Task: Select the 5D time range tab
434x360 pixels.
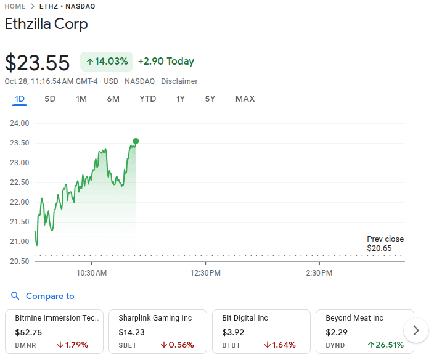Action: click(x=50, y=99)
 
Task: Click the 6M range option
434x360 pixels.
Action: click(x=113, y=99)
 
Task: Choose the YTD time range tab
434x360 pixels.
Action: click(x=147, y=99)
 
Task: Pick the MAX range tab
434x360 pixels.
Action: click(x=245, y=99)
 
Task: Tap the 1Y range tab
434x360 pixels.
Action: click(x=180, y=99)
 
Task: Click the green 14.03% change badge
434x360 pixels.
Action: click(x=107, y=62)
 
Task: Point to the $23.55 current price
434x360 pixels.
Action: click(x=37, y=63)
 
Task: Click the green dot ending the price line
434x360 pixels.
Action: click(x=136, y=141)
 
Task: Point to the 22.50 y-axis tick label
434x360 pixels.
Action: click(x=20, y=182)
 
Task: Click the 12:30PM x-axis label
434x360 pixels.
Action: click(x=206, y=272)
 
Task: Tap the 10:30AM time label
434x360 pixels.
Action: click(x=92, y=272)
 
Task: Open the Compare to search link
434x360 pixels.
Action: click(x=49, y=297)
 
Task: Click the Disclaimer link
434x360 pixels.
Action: click(x=179, y=81)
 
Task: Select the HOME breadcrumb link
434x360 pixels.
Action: click(x=15, y=6)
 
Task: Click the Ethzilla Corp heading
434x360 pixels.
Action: click(x=46, y=25)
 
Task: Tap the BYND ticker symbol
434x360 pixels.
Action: click(x=336, y=345)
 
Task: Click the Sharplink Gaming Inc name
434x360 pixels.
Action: click(x=155, y=318)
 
